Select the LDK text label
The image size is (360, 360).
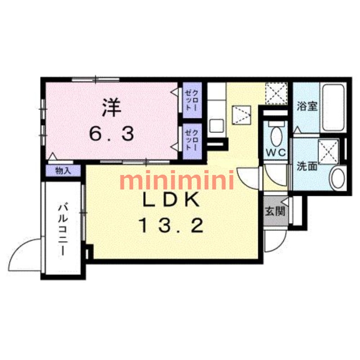click(171, 200)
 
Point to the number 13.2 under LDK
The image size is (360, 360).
click(171, 225)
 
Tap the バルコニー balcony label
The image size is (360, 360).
click(63, 229)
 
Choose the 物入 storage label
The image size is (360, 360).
click(63, 171)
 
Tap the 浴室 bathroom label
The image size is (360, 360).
click(308, 107)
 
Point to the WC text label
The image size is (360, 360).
click(275, 153)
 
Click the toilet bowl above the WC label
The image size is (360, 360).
click(275, 135)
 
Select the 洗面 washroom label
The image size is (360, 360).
click(307, 166)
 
